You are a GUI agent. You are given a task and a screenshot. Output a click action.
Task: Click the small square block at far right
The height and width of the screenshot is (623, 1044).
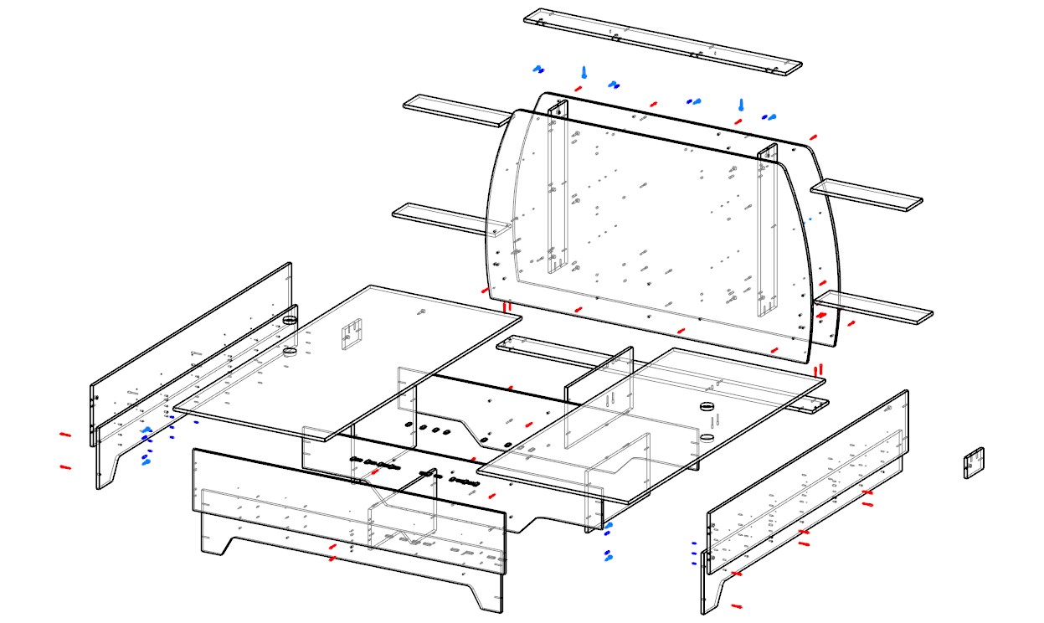(x=973, y=462)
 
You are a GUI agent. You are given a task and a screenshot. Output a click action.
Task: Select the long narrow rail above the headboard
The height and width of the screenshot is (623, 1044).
(x=662, y=42)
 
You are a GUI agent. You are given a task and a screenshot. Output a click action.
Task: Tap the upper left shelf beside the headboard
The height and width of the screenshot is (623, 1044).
(x=457, y=111)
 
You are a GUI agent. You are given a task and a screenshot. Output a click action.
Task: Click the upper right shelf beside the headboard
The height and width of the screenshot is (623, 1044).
(x=867, y=193)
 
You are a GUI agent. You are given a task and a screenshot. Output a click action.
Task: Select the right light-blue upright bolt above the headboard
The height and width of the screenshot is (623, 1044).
(x=741, y=105)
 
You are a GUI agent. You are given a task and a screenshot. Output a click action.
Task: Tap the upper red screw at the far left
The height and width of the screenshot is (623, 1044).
(x=65, y=435)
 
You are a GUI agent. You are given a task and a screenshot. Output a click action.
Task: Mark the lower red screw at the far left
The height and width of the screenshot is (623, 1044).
(x=65, y=467)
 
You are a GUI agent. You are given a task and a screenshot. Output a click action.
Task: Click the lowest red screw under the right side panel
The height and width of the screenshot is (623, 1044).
(x=736, y=605)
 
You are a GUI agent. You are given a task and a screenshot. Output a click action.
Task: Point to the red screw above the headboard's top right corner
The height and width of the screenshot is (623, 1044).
(x=813, y=136)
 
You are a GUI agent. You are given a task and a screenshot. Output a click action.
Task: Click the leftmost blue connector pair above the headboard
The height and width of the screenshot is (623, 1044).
(x=538, y=70)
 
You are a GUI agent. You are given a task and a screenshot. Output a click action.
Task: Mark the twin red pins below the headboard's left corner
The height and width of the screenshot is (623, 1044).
(x=507, y=306)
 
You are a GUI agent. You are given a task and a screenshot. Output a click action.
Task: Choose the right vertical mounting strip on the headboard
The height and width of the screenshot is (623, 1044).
(x=767, y=230)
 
